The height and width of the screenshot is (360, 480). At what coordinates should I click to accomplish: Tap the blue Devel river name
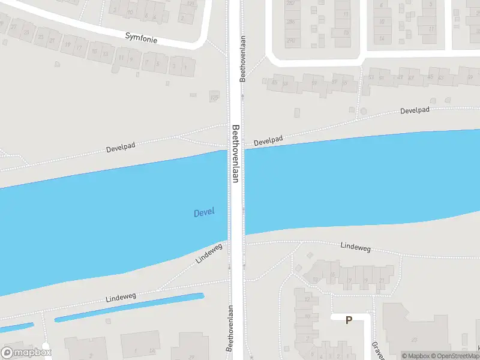tap(204, 212)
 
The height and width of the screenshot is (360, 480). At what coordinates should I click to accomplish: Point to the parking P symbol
tap(349, 320)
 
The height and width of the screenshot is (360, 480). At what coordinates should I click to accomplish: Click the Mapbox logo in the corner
tap(25, 352)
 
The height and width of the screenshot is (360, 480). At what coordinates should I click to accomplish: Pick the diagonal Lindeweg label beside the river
tap(209, 253)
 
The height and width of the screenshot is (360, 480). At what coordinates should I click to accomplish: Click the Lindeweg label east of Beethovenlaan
tap(356, 246)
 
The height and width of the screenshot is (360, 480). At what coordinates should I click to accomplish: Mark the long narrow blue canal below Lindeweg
tap(129, 307)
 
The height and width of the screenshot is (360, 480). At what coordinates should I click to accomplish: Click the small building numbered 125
tap(214, 97)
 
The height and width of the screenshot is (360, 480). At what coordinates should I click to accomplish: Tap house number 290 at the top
tap(291, 41)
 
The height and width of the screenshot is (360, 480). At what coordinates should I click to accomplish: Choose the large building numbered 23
tap(414, 339)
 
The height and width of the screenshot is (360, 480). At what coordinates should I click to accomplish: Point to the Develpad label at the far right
tap(416, 111)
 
